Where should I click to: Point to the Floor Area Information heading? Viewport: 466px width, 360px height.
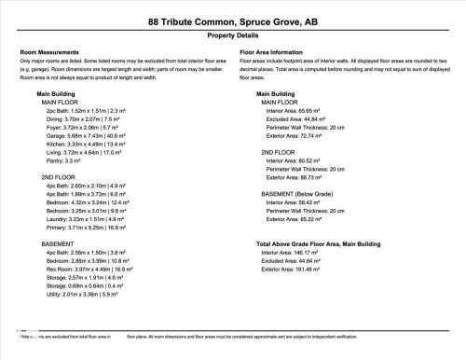pos(276,53)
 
